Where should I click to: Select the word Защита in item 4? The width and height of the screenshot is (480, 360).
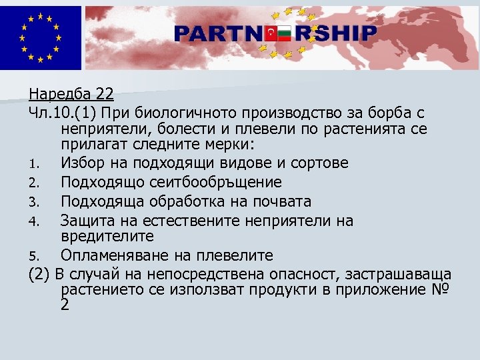[85, 221]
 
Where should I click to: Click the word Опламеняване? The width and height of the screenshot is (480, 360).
[112, 256]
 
